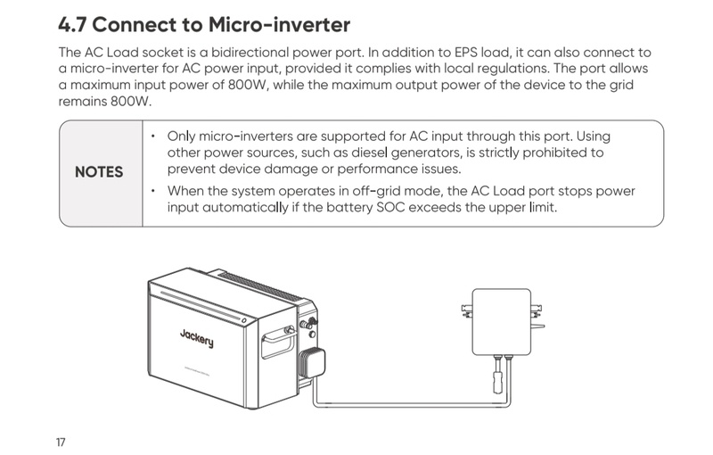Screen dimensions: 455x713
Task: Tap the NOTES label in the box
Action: point(98,171)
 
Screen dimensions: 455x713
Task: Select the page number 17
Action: point(61,442)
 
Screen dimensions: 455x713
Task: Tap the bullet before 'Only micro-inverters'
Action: point(153,136)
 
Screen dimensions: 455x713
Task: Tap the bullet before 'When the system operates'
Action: point(153,192)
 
